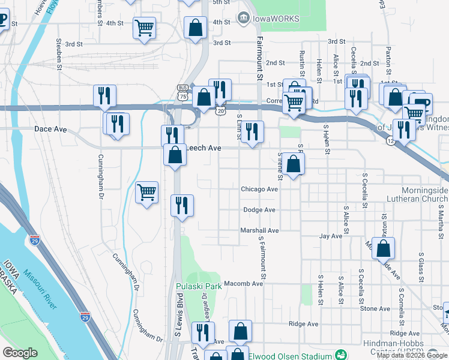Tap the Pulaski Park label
[199, 287]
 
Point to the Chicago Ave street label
[259, 189]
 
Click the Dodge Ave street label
[259, 210]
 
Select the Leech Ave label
[203, 148]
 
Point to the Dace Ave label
[50, 129]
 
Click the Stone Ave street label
[375, 308]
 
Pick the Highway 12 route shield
[391, 140]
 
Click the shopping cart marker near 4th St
[145, 29]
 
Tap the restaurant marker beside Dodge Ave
[181, 206]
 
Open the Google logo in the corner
[20, 353]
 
